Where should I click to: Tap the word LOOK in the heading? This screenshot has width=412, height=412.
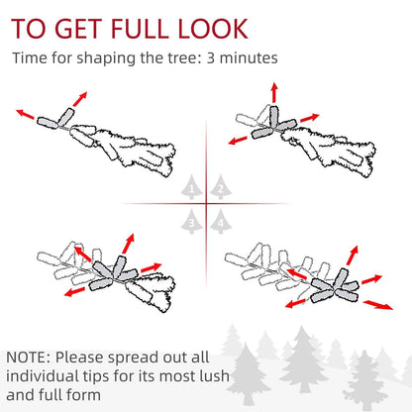coord(213,29)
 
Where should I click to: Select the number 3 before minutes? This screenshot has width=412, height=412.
coord(211,58)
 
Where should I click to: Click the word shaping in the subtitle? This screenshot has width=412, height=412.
coord(106,58)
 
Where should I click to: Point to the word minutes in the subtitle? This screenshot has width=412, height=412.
coord(249,58)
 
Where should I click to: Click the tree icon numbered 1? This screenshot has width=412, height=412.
coord(192,187)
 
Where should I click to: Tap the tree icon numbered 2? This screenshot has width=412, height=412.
coord(221,187)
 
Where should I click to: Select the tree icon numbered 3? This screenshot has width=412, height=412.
coord(192,221)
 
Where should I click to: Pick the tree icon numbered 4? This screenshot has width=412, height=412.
coord(221,221)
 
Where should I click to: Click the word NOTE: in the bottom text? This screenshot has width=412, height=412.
coord(28,358)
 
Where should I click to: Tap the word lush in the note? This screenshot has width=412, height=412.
coord(215,376)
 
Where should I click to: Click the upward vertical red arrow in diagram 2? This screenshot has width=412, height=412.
coord(273,92)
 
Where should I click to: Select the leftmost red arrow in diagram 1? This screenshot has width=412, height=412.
coord(25,114)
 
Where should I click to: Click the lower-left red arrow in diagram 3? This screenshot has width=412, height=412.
coord(75,291)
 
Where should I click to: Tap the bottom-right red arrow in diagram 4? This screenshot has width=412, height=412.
coord(378,305)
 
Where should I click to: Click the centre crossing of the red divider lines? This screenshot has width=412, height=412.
coord(207,203)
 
